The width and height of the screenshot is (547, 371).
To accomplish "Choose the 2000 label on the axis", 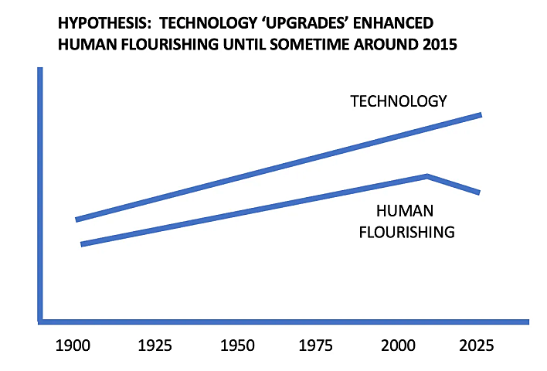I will pos(400,345).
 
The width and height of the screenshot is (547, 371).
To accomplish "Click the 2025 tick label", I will pos(474,345).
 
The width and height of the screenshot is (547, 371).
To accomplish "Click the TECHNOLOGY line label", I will pos(399,101).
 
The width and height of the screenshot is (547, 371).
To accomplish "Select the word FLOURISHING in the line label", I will pos(406,231).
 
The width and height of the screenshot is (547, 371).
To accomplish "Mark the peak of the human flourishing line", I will pos(426,176).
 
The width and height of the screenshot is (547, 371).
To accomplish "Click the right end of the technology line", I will pos(481,115).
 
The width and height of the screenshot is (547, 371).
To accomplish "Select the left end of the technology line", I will pos(76,220).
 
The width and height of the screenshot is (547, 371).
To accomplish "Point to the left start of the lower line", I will pos(82,244).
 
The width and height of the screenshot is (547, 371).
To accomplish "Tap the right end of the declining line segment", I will pos(479,192).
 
